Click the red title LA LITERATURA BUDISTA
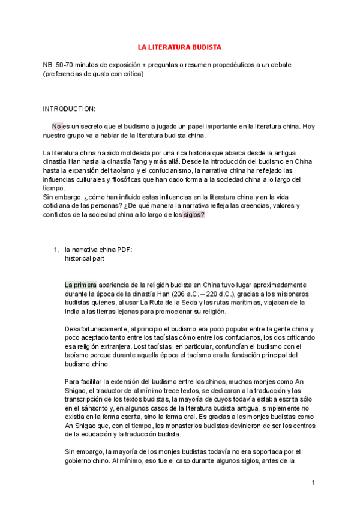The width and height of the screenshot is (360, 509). pos(179,46)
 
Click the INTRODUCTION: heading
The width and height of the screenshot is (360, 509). pos(69,109)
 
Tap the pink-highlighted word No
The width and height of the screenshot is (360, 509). pos(57,127)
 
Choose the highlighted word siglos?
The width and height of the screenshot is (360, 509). pos(193,215)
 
